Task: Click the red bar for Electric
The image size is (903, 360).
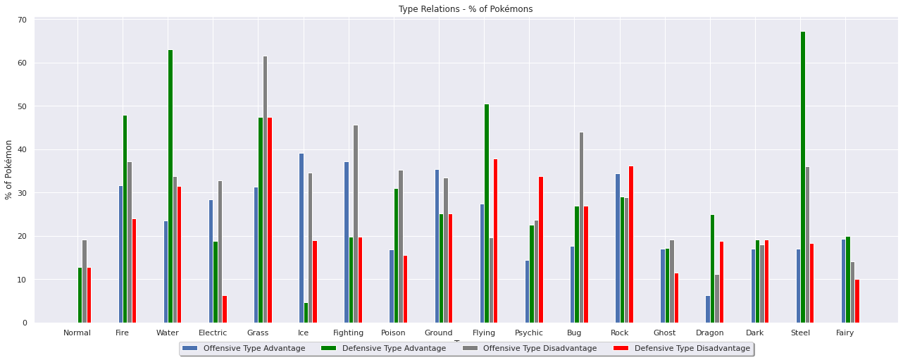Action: pyautogui.click(x=225, y=309)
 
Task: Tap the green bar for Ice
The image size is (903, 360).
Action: pyautogui.click(x=306, y=313)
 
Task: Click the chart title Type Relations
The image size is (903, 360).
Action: pyautogui.click(x=465, y=9)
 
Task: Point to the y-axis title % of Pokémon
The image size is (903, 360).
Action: pyautogui.click(x=9, y=170)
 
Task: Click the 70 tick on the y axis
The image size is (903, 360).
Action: pyautogui.click(x=22, y=20)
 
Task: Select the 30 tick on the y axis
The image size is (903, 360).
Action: pyautogui.click(x=22, y=193)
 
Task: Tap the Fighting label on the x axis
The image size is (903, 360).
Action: pyautogui.click(x=348, y=333)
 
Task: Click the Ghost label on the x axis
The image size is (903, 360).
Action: pyautogui.click(x=664, y=333)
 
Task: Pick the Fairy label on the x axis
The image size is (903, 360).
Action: pyautogui.click(x=845, y=333)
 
